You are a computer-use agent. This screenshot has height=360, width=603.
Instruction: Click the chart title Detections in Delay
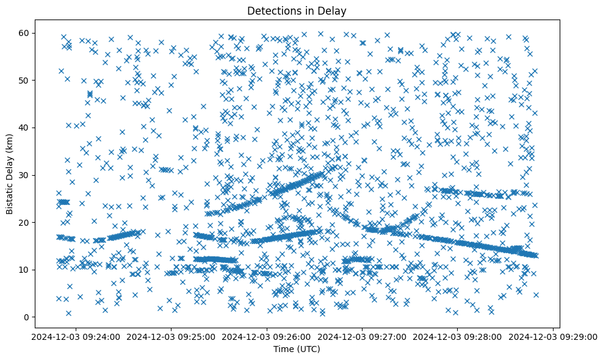[297, 11]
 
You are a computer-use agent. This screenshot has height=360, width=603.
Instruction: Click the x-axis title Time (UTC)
[297, 349]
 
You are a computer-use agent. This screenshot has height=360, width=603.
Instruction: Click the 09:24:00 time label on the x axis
[75, 336]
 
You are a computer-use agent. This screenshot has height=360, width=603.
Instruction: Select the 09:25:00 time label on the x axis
[171, 336]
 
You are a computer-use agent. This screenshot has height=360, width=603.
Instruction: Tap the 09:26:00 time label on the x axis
[267, 336]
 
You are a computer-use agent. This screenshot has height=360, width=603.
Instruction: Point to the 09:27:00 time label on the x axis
[363, 336]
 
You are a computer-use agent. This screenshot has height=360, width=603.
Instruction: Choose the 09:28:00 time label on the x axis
[458, 336]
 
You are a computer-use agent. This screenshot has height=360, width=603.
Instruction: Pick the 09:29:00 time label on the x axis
[554, 336]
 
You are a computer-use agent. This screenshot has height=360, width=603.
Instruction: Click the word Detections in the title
[271, 11]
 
